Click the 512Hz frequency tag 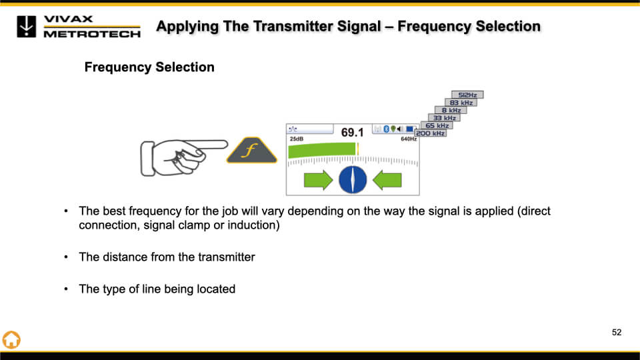[x=467, y=95]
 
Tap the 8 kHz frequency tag [x=451, y=110]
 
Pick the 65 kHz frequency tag [x=437, y=125]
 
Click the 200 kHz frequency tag [x=431, y=133]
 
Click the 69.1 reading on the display [x=353, y=133]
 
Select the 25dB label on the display [x=296, y=139]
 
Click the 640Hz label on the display [x=408, y=139]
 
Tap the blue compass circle [x=353, y=179]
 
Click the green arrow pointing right [x=318, y=179]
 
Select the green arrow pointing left [x=387, y=179]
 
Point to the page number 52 [x=617, y=332]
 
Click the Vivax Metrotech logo [x=79, y=26]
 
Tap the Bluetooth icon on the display [x=385, y=129]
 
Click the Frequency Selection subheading [x=149, y=67]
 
